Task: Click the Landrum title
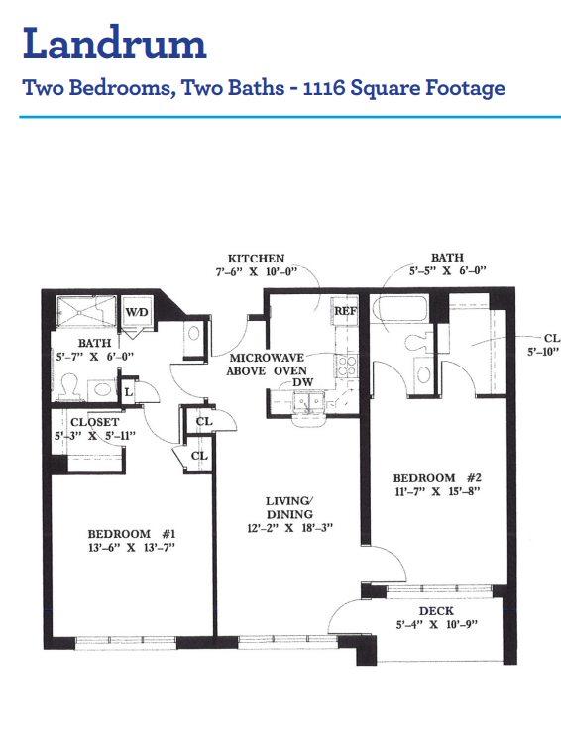click(x=115, y=43)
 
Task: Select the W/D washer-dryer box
click(x=137, y=311)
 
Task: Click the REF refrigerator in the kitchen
click(x=345, y=311)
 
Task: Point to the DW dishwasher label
click(x=302, y=382)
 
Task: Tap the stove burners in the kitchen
click(x=346, y=367)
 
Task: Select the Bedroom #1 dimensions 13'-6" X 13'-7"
click(x=132, y=547)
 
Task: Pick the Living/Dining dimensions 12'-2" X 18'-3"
click(x=289, y=528)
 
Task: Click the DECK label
click(x=436, y=611)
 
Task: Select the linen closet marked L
click(x=129, y=392)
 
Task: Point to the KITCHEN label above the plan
click(x=256, y=259)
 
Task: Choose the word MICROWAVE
click(x=267, y=358)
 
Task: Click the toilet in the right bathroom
click(x=416, y=342)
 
